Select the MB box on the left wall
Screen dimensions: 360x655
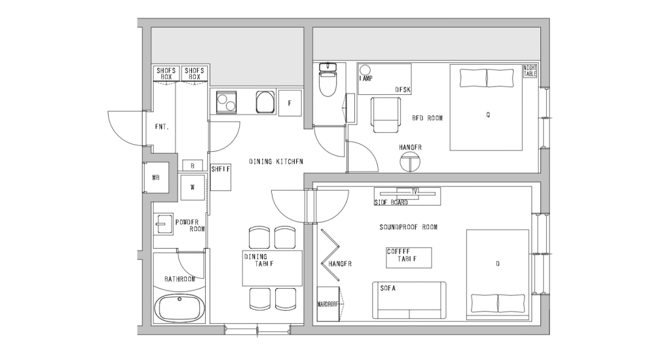pyautogui.click(x=156, y=178)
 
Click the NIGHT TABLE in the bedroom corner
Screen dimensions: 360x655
pyautogui.click(x=530, y=71)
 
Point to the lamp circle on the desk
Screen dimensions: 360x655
pyautogui.click(x=365, y=70)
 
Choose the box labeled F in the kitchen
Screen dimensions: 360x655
pyautogui.click(x=290, y=102)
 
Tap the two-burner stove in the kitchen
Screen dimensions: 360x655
pyautogui.click(x=227, y=102)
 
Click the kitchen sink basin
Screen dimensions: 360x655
pyautogui.click(x=265, y=102)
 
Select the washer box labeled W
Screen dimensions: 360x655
pyautogui.click(x=193, y=186)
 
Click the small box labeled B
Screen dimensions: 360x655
pyautogui.click(x=193, y=166)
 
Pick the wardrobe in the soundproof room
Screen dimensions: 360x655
pyautogui.click(x=327, y=304)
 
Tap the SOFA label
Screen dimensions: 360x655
pyautogui.click(x=387, y=287)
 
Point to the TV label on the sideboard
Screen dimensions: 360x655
pyautogui.click(x=415, y=191)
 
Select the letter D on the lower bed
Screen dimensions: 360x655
pyautogui.click(x=498, y=264)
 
